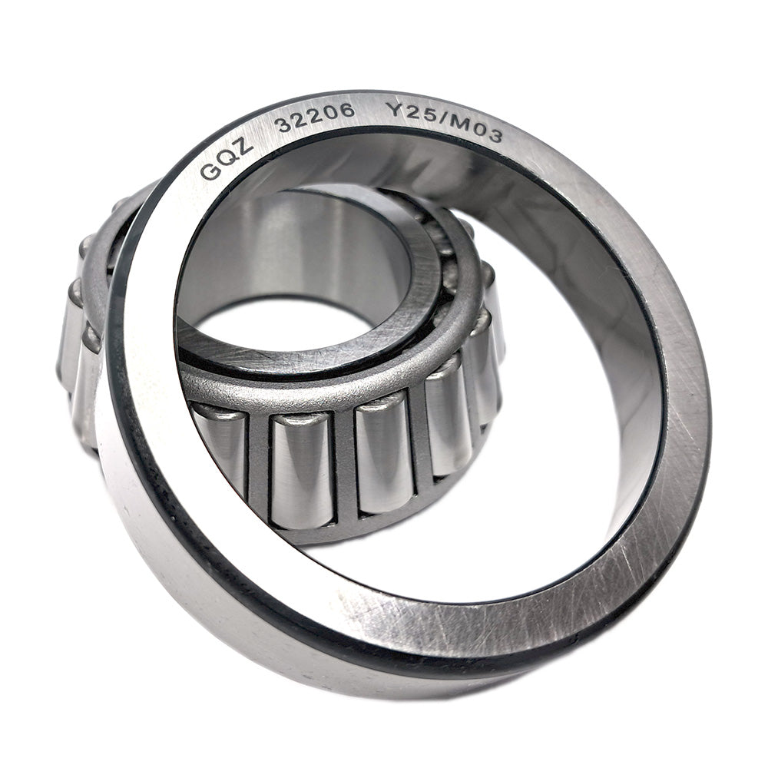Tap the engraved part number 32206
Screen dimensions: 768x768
pos(316,117)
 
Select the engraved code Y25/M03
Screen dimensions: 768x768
pos(444,123)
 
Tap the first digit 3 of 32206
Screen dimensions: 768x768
pos(283,124)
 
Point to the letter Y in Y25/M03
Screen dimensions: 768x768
pos(392,111)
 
